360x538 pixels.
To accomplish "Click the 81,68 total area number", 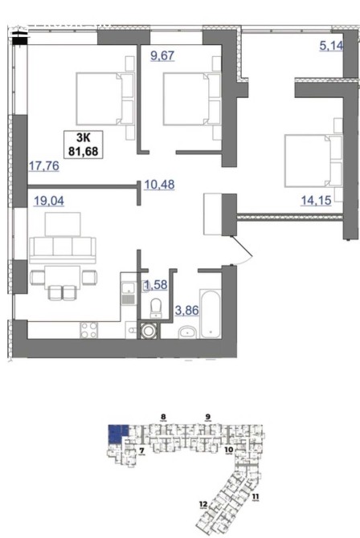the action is coord(83,151).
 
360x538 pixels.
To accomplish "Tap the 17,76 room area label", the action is coord(43,166).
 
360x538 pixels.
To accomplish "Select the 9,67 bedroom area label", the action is coord(163,55).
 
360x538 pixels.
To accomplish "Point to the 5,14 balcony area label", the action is coord(332,45).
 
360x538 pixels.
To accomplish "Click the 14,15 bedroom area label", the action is coord(316,200).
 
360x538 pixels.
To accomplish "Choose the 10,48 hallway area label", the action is coord(159,185).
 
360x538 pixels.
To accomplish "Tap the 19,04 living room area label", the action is coord(49,201).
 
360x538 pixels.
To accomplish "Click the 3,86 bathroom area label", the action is coord(187,311).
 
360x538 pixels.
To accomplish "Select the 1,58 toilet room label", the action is coord(156,284).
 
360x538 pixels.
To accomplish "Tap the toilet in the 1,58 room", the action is coord(157,308).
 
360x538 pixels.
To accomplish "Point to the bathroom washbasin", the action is coord(187,332).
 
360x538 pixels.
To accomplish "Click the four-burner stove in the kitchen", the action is coord(89,330).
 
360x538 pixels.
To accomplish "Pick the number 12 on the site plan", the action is coord(203,504).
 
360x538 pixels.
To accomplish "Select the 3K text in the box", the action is coord(83,138).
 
